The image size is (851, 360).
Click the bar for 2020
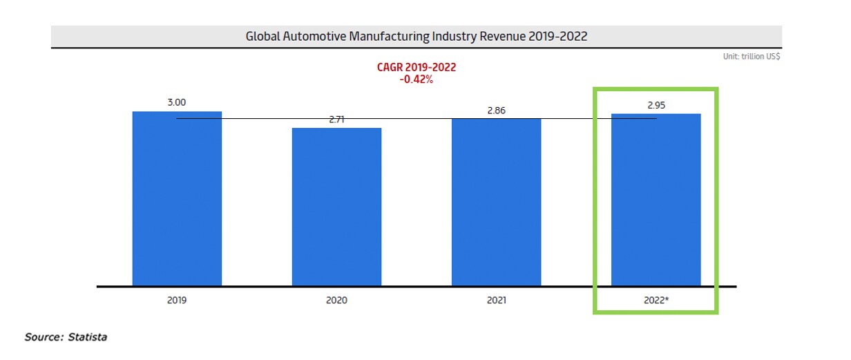(336, 207)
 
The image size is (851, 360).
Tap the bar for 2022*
(656, 200)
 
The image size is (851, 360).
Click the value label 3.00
(177, 102)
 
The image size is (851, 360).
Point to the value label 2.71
(336, 119)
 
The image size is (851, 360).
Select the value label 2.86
(496, 110)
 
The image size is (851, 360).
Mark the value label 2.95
(656, 105)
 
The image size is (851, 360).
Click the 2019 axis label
(177, 301)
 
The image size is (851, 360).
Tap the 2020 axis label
(336, 301)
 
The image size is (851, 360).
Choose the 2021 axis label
(496, 301)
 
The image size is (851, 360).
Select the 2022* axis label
(656, 301)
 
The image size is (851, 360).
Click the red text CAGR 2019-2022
(416, 67)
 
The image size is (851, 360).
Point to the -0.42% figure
(416, 79)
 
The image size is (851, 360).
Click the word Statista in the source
(88, 337)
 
